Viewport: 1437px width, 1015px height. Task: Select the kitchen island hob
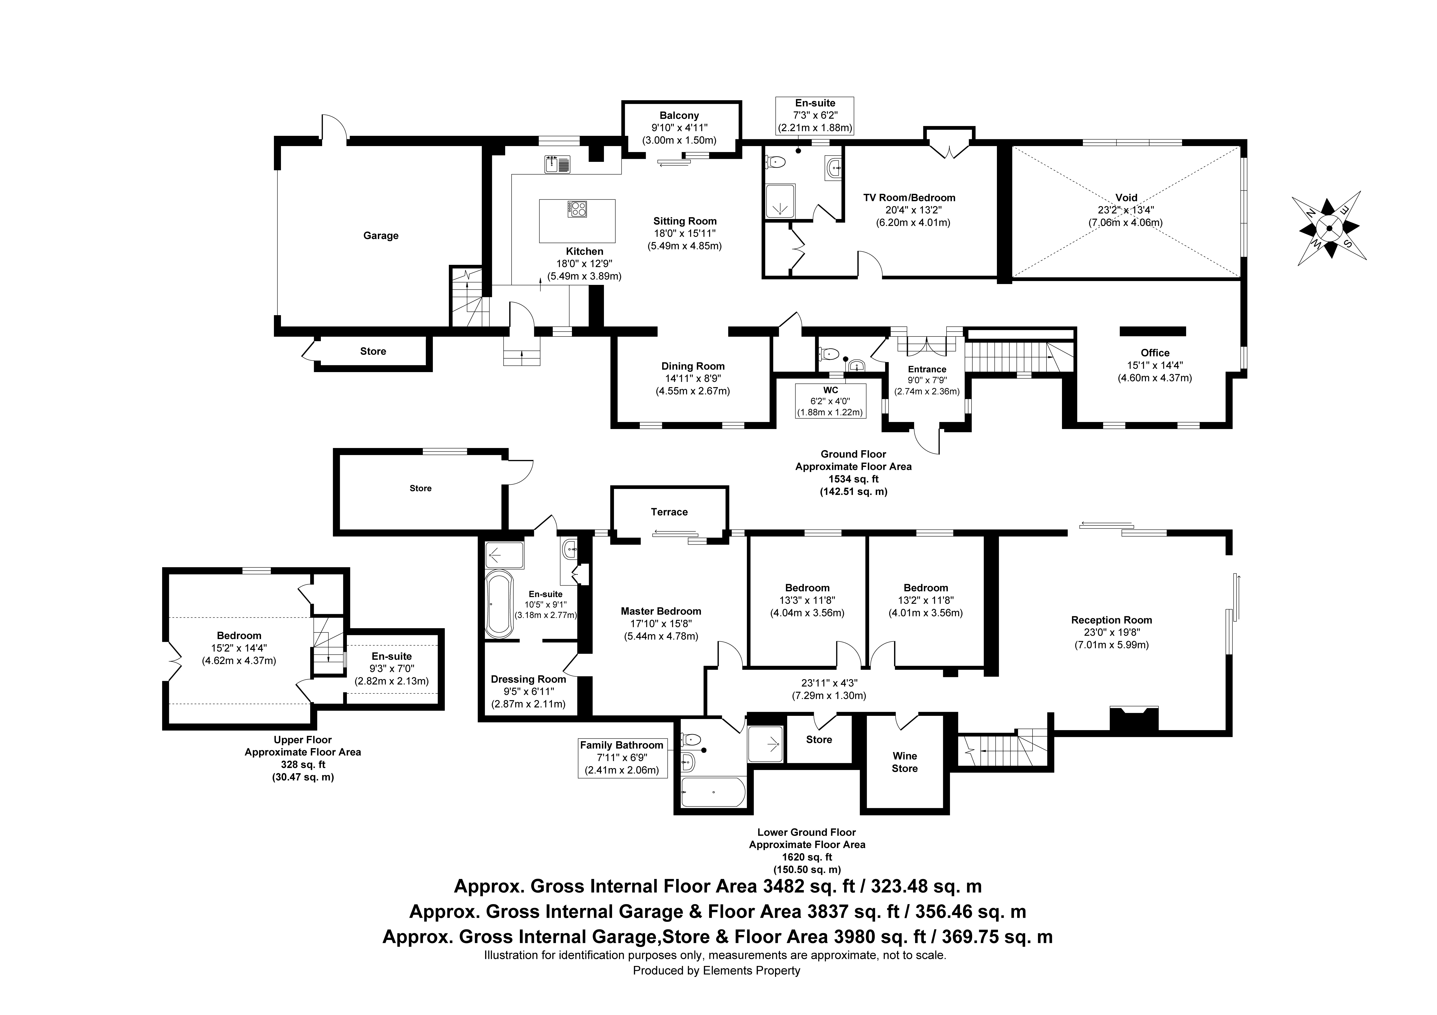coord(577,208)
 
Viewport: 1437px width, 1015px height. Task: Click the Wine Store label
coord(904,762)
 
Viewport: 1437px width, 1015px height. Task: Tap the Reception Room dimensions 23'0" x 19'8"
coord(1111,633)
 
